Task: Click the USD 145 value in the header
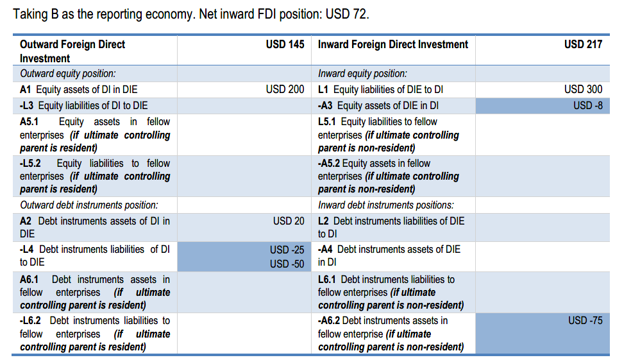(285, 44)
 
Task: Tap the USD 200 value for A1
(285, 89)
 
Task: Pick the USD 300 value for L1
(583, 89)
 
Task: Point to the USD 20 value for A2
(289, 221)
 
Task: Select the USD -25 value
(287, 250)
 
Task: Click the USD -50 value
(287, 263)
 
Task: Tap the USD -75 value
(585, 320)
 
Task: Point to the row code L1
(324, 89)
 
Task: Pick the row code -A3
(326, 105)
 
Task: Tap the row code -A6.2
(331, 320)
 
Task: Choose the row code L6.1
(328, 279)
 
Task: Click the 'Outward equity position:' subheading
(68, 74)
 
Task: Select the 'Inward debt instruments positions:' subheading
(385, 205)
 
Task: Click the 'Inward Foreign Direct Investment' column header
(392, 44)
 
